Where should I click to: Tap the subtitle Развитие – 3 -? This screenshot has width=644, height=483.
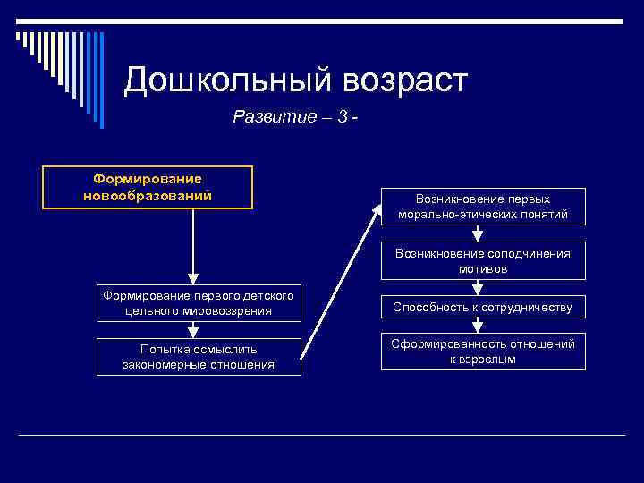click(x=295, y=116)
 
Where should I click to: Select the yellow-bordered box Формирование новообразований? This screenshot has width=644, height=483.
click(x=148, y=187)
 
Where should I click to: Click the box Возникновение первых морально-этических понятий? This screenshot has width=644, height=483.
click(x=483, y=207)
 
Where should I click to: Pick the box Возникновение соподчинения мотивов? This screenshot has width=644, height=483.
click(x=483, y=260)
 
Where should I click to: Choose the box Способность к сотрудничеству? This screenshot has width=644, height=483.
click(x=483, y=308)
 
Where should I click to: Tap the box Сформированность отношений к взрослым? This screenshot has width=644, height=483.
click(x=483, y=352)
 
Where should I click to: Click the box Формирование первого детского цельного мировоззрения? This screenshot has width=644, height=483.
click(x=199, y=303)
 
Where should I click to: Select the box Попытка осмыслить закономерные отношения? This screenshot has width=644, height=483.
click(x=199, y=356)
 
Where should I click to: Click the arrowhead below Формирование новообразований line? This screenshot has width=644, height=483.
click(x=193, y=277)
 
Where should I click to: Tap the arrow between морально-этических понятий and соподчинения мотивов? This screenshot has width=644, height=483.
click(x=479, y=234)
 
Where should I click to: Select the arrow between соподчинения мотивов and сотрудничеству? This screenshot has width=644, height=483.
click(x=479, y=288)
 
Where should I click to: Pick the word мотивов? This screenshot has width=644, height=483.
click(x=483, y=268)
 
